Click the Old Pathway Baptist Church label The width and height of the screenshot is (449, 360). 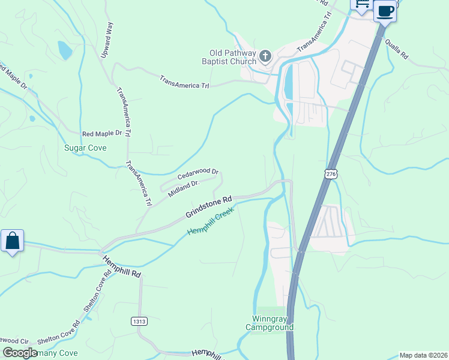(x=232, y=57)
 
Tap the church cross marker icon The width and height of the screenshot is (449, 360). (x=265, y=57)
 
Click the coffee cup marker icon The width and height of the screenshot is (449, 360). (x=385, y=10)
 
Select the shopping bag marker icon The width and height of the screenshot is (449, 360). (x=12, y=241)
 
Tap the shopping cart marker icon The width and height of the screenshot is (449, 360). (x=361, y=5)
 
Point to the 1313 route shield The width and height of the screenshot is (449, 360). (x=139, y=322)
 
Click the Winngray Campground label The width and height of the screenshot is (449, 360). (x=270, y=323)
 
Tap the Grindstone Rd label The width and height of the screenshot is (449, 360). (x=208, y=207)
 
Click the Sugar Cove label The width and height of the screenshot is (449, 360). (x=85, y=148)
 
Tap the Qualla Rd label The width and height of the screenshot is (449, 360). (x=397, y=48)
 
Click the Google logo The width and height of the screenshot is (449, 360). (x=20, y=353)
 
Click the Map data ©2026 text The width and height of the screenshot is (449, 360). (x=424, y=355)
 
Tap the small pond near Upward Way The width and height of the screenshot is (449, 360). (x=64, y=50)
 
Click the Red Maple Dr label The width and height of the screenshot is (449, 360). (x=102, y=133)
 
